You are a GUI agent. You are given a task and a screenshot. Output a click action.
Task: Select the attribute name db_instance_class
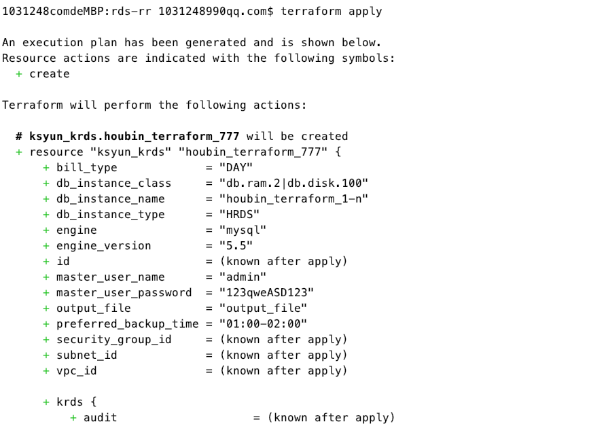[113, 183]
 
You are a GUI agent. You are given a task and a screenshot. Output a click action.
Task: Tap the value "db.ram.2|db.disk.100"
[293, 183]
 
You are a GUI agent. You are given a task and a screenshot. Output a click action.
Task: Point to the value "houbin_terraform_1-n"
[293, 199]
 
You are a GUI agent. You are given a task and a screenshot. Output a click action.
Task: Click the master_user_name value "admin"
[243, 277]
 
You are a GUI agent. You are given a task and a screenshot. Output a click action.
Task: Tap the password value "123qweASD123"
[266, 293]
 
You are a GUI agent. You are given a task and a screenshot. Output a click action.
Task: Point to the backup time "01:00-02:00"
[263, 324]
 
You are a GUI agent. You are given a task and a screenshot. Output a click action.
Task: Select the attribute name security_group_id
[113, 340]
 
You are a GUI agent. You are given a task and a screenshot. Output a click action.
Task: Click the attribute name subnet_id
[86, 355]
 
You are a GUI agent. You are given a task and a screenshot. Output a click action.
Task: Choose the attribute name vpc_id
[76, 371]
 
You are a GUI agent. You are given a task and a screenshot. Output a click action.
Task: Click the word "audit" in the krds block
[100, 418]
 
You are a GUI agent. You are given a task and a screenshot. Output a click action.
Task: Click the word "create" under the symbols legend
[49, 74]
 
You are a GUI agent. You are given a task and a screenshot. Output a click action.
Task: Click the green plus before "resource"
[19, 152]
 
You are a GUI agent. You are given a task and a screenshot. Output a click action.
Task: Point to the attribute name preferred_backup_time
[127, 324]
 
